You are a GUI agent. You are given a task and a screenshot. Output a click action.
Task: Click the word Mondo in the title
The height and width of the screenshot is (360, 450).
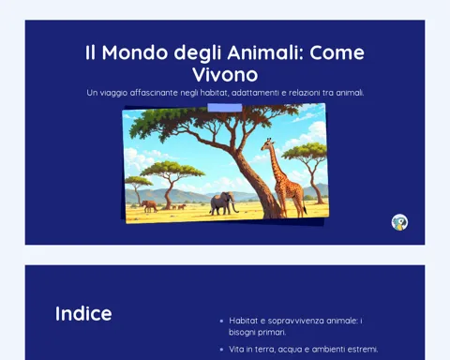coord(135,52)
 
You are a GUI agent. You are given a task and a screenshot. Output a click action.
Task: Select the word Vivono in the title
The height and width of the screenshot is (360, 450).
coord(225,75)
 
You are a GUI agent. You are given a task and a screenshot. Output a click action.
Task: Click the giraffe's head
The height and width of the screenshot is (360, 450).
coord(267,144)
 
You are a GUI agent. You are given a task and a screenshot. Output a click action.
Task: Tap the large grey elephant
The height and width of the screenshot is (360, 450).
coord(223,203)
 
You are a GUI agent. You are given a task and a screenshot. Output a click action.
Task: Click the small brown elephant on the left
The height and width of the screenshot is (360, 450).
coord(149,206)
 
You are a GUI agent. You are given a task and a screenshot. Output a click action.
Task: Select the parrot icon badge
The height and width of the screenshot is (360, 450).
coord(399,222)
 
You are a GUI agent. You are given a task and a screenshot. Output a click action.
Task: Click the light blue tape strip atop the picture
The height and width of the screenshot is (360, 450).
coord(225,108)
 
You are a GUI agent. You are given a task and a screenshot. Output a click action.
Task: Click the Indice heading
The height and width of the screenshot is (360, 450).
coord(83,313)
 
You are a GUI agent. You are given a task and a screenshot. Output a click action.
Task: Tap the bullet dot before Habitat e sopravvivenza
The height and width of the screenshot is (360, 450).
coord(221,321)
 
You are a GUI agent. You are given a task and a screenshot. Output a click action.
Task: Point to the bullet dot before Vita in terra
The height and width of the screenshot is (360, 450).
coord(221,350)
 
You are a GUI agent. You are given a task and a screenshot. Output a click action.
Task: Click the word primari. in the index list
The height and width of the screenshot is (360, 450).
coord(273,332)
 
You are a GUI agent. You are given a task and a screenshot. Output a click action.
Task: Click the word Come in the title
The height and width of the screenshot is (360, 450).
coord(337,52)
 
